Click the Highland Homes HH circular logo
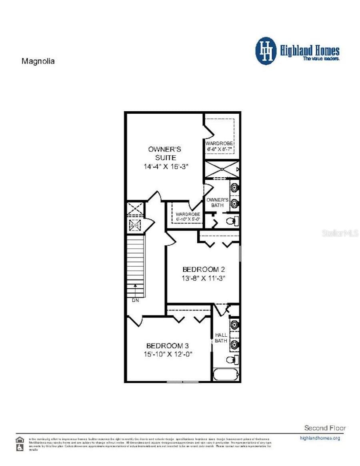[x=266, y=51]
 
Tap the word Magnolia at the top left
[x=38, y=61]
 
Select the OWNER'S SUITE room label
[x=164, y=153]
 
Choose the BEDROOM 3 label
[x=167, y=345]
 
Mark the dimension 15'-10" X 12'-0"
[x=169, y=354]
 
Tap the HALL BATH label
[x=221, y=337]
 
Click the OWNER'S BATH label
[x=218, y=203]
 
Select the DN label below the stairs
[x=135, y=300]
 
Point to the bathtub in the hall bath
[x=226, y=375]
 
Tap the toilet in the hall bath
[x=231, y=360]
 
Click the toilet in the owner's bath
[x=232, y=221]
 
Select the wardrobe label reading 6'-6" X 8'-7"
[x=219, y=146]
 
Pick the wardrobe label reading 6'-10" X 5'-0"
[x=188, y=217]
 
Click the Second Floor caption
[x=325, y=428]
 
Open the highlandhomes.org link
[x=320, y=438]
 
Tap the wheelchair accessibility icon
[x=19, y=448]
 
